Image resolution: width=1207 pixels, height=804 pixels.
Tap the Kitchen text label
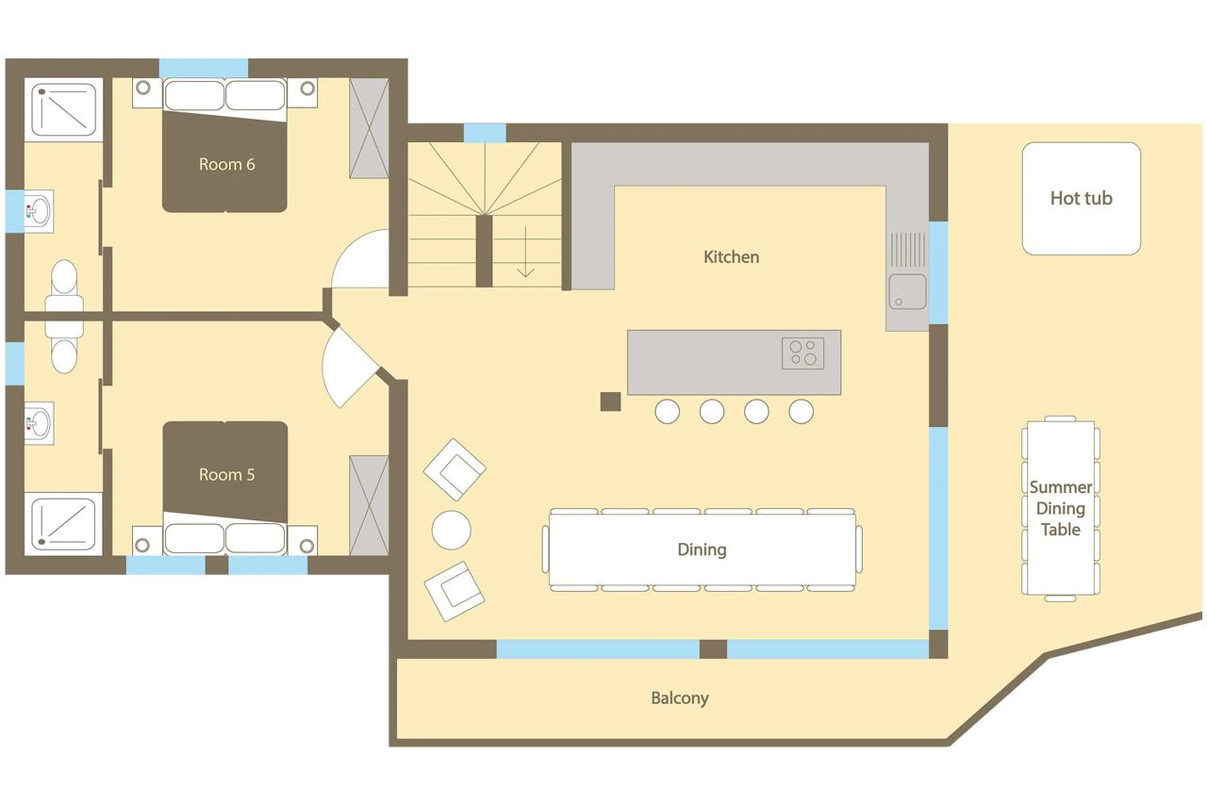[731, 257]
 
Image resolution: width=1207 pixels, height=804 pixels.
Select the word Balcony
[680, 698]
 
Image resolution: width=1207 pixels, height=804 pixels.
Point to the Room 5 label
[227, 474]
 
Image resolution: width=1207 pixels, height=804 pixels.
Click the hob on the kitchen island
[803, 353]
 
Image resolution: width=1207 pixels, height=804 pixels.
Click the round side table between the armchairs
[451, 530]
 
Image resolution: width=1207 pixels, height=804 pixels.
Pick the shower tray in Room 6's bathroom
[63, 109]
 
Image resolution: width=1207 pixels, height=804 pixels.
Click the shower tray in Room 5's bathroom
[63, 523]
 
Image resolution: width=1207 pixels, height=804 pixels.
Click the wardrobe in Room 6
[369, 128]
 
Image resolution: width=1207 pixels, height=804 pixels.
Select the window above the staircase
[485, 133]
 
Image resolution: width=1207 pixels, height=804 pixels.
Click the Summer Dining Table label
[1060, 508]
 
